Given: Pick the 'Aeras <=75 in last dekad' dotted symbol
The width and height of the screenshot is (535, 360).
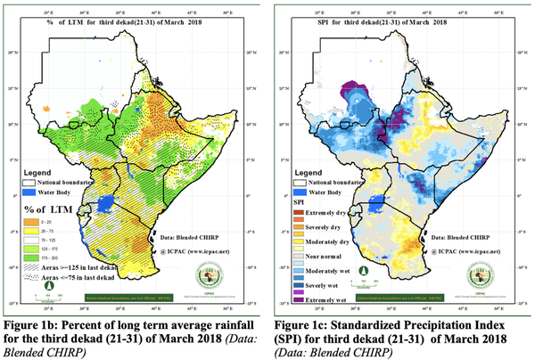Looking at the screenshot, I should point(32,277).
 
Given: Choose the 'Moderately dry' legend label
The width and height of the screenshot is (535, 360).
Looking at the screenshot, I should point(335,241).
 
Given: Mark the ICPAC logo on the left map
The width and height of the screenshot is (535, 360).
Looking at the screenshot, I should point(217,284).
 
